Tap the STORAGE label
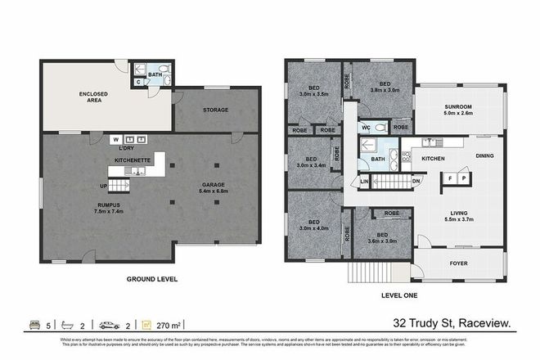215,110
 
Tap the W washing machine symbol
117,138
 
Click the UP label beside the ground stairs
103,185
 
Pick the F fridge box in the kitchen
449,178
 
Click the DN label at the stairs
415,181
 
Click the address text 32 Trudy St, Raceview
452,326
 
